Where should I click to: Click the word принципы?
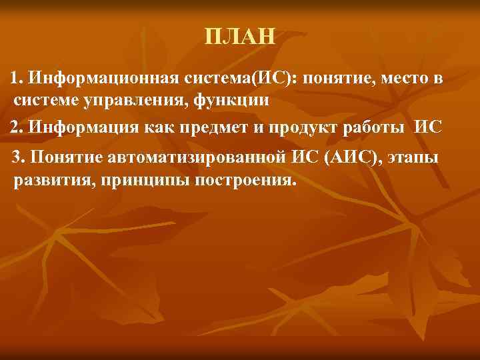click(x=134, y=181)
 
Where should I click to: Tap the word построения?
click(x=244, y=181)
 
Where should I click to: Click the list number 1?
click(x=17, y=79)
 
